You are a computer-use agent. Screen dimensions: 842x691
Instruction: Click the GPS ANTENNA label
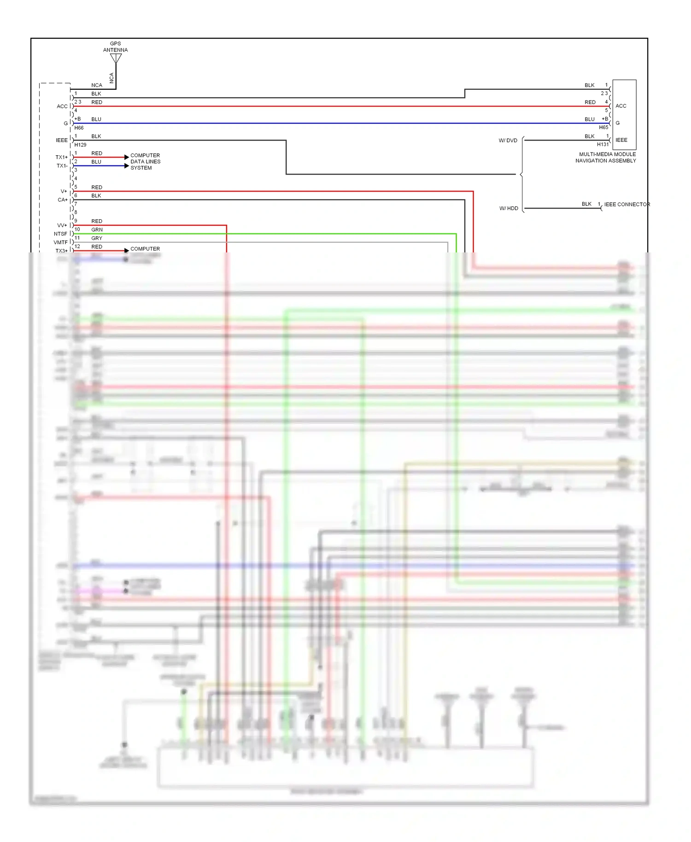(115, 47)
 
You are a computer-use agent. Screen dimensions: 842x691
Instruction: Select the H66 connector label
(79, 128)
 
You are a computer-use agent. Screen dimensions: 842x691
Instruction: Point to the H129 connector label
(81, 145)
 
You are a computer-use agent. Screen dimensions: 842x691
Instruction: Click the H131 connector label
(603, 145)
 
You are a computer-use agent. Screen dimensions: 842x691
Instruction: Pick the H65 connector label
(603, 128)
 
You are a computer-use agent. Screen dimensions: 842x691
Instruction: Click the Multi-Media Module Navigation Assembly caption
(606, 158)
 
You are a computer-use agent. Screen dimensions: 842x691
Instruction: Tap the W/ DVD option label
(508, 140)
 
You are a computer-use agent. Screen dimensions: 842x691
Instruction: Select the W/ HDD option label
(509, 208)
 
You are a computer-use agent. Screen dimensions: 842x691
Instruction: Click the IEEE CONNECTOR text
(627, 205)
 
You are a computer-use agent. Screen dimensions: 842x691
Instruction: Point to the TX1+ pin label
(62, 158)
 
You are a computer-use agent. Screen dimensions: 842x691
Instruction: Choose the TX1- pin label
(62, 166)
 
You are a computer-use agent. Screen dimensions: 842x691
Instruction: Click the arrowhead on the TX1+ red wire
(127, 157)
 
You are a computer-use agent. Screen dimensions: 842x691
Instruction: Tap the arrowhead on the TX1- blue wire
(127, 166)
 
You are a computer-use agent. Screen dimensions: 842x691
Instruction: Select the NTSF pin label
(60, 234)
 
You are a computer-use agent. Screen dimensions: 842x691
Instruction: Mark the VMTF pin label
(60, 242)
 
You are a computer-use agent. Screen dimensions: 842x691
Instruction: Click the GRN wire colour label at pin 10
(97, 229)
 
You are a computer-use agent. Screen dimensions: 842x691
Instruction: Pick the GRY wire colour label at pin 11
(97, 238)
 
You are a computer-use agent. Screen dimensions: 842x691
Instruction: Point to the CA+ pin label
(63, 200)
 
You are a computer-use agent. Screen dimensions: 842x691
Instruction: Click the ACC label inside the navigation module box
(621, 106)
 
